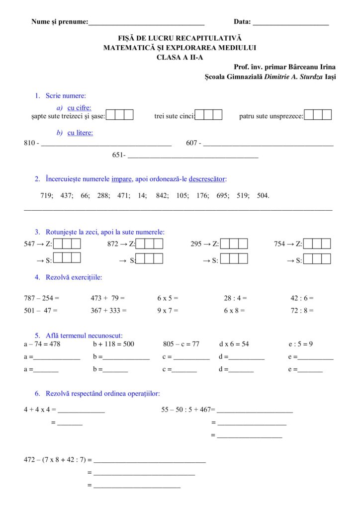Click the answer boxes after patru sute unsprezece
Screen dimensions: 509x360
point(318,115)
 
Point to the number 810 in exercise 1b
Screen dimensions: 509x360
point(29,143)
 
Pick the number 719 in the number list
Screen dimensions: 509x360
point(46,195)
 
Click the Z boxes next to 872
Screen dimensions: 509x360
point(150,244)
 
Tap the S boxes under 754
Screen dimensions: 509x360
point(317,258)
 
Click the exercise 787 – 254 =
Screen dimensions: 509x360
point(41,298)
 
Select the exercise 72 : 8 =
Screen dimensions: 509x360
point(302,310)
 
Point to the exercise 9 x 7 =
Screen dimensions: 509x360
point(168,310)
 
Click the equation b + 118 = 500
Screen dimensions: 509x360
point(113,344)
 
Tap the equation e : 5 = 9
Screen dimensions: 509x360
point(300,344)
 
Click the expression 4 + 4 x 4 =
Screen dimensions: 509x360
point(40,410)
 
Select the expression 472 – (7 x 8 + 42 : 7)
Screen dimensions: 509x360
point(58,460)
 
